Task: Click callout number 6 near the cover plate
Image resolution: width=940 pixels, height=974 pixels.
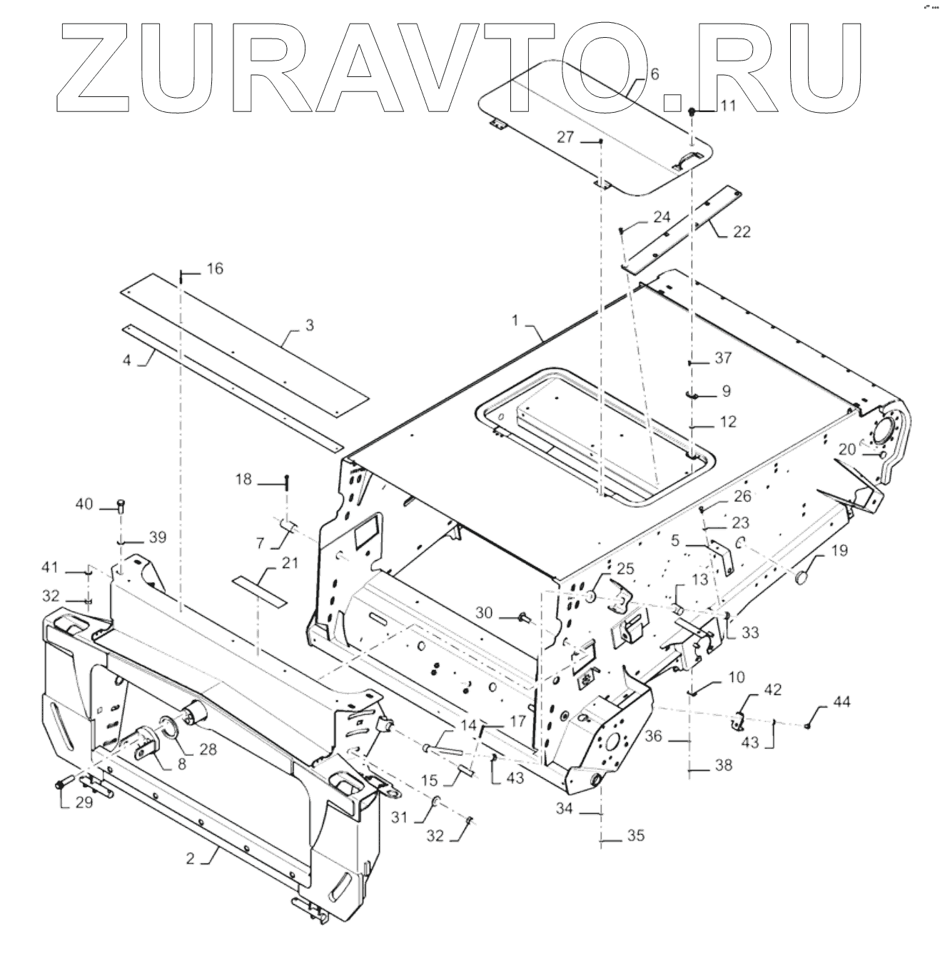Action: pyautogui.click(x=655, y=73)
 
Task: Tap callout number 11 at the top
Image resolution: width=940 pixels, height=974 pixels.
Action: pyautogui.click(x=727, y=106)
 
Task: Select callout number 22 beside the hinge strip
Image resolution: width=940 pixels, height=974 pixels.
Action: pyautogui.click(x=742, y=232)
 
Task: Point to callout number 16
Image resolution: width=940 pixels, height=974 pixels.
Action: pyautogui.click(x=215, y=269)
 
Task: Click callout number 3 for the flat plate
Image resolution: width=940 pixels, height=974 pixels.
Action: pyautogui.click(x=309, y=325)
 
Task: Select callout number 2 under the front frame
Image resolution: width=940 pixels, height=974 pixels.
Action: pyautogui.click(x=191, y=859)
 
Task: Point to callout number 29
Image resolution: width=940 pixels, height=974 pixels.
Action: pyautogui.click(x=84, y=803)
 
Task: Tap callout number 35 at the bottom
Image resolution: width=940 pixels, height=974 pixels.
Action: pyautogui.click(x=635, y=836)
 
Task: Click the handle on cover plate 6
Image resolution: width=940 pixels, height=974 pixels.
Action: pyautogui.click(x=690, y=158)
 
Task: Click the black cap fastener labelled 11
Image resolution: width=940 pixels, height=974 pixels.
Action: pyautogui.click(x=692, y=112)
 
